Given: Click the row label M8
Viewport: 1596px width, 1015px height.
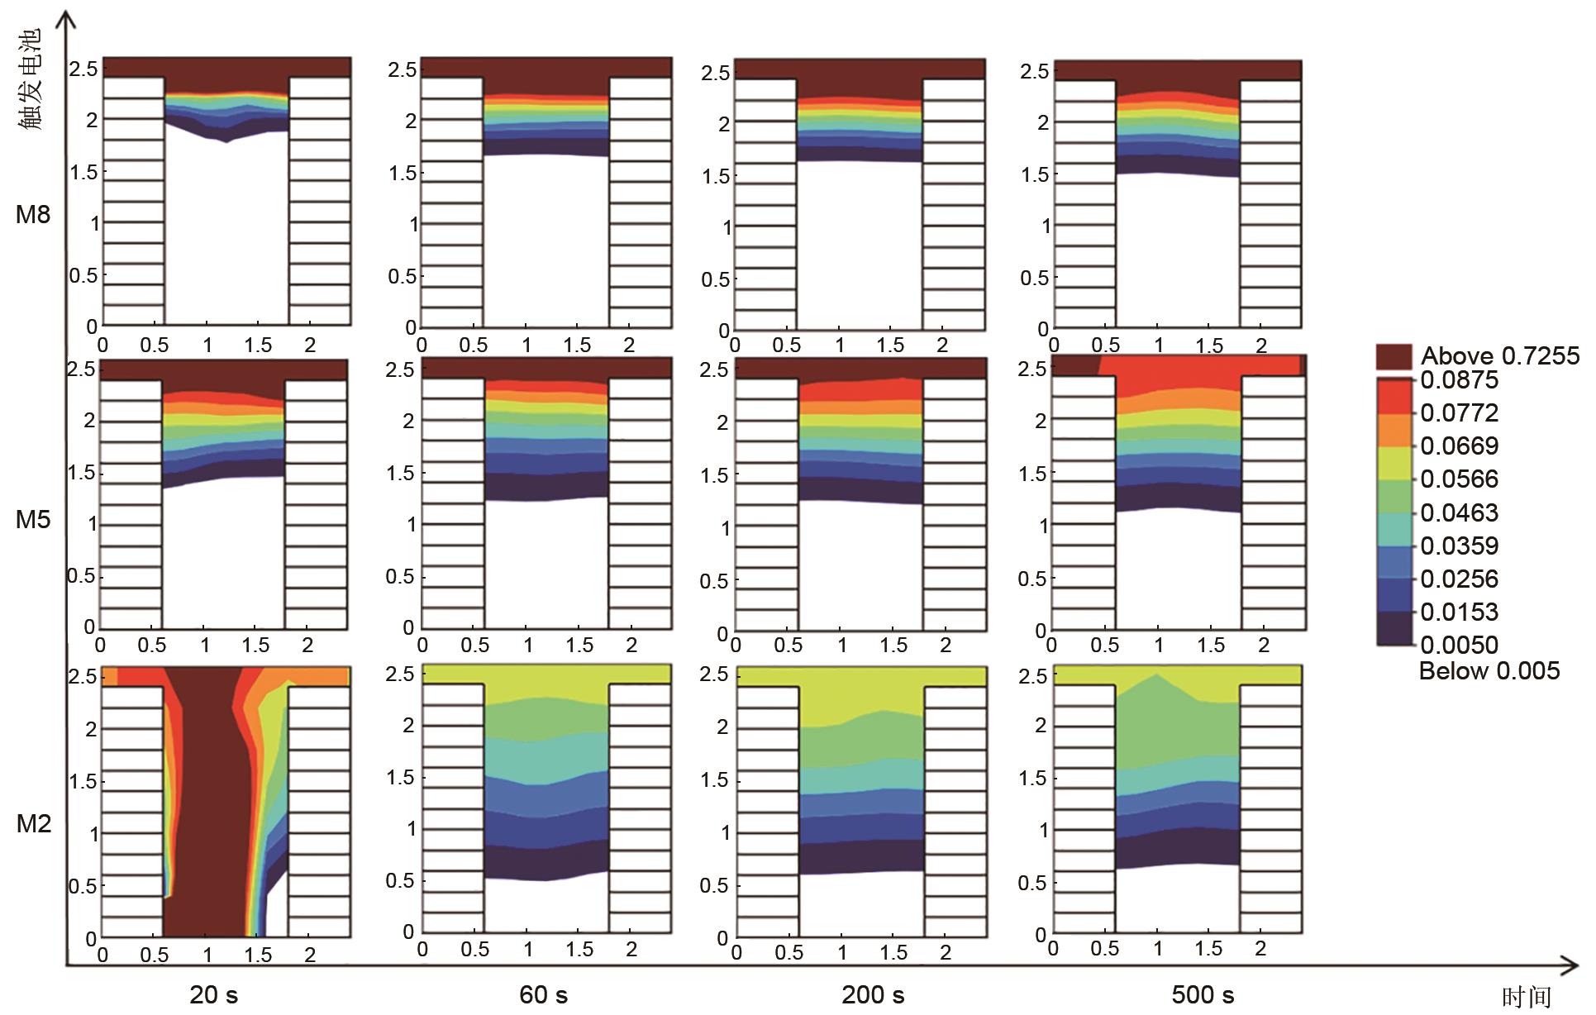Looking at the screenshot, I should click(x=33, y=215).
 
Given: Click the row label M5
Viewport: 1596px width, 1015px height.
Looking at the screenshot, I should click(x=33, y=519).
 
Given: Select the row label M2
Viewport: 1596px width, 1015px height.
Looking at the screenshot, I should click(x=33, y=823).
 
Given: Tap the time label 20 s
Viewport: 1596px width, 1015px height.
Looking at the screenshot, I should click(x=213, y=994).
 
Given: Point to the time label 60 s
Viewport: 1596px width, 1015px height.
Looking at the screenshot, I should click(x=543, y=994).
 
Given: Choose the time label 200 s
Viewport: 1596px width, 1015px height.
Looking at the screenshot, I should click(x=873, y=994).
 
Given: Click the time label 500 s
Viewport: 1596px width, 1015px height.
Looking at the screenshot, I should click(x=1203, y=994).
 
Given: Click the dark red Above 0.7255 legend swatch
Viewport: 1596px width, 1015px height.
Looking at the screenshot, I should click(x=1394, y=357).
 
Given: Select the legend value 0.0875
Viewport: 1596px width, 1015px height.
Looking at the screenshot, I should click(x=1459, y=380).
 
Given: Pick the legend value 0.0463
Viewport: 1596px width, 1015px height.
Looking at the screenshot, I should click(x=1459, y=512).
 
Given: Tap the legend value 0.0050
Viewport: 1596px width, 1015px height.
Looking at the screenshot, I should click(x=1459, y=645).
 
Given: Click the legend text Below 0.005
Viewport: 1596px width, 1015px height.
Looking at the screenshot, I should click(x=1489, y=670).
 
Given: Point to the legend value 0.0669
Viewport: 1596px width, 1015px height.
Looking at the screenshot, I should click(x=1459, y=446).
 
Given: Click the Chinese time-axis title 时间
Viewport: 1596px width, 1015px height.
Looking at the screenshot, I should click(x=1526, y=998).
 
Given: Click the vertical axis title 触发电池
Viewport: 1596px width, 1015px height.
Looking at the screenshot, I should click(x=30, y=80).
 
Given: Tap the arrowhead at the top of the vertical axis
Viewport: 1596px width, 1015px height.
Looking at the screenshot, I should click(x=67, y=18).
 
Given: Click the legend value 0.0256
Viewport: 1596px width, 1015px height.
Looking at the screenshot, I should click(x=1459, y=579).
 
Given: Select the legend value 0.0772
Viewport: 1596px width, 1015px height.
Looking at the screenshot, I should click(x=1459, y=412).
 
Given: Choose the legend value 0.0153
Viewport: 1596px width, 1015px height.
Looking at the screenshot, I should click(x=1459, y=612).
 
